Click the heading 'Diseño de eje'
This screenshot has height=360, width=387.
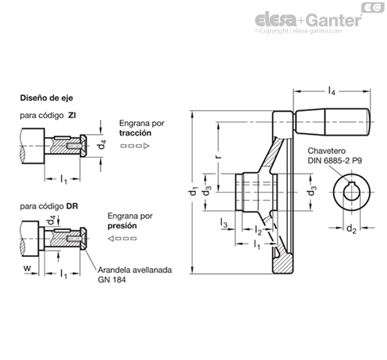tap(47, 98)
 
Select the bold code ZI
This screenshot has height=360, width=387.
tap(72, 116)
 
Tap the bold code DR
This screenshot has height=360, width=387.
tap(72, 206)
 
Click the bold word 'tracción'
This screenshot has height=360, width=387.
tap(135, 133)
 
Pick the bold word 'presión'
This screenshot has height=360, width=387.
tap(122, 226)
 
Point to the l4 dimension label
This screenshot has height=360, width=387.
tap(331, 91)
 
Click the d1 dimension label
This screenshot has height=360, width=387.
tap(193, 191)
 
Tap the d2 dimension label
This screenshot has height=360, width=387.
tap(351, 228)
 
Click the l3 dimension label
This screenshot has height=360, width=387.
tap(224, 224)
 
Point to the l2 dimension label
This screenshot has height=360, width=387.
tap(259, 230)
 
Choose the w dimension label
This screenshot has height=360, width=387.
tap(27, 269)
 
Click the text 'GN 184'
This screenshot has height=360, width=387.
tap(112, 280)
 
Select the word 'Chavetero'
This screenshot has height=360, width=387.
tap(327, 151)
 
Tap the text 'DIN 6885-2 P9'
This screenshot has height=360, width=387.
tap(335, 160)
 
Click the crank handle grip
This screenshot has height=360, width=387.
tap(332, 122)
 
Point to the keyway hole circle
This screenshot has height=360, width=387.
tap(351, 192)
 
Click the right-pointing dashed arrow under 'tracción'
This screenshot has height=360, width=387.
tap(135, 146)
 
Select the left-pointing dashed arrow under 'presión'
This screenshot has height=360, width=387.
tap(122, 239)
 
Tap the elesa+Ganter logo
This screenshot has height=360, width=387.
tap(308, 20)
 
